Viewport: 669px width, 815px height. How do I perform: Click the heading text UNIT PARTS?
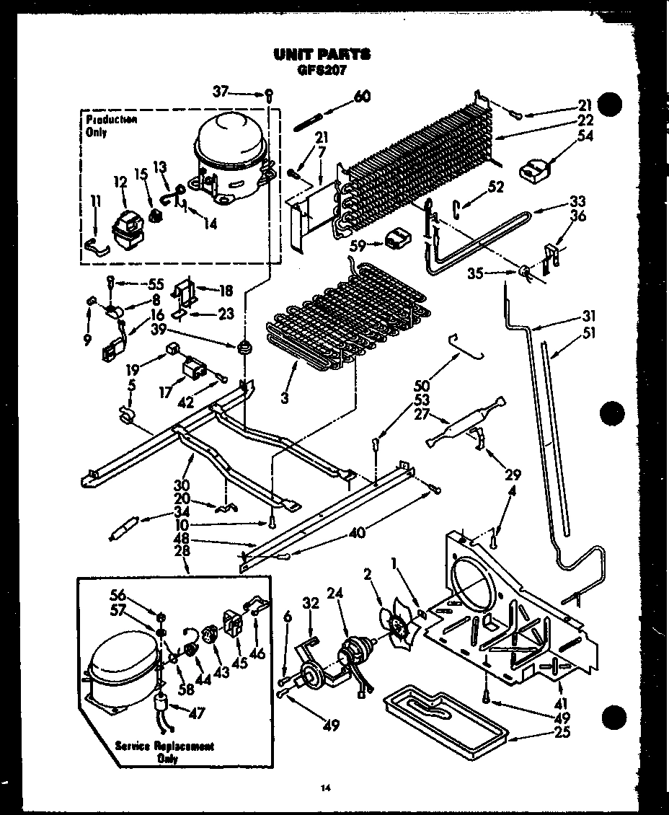322,54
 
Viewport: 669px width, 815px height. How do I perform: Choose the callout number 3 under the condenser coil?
286,397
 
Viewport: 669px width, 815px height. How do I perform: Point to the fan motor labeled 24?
354,649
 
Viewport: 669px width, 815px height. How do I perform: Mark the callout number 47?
198,713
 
